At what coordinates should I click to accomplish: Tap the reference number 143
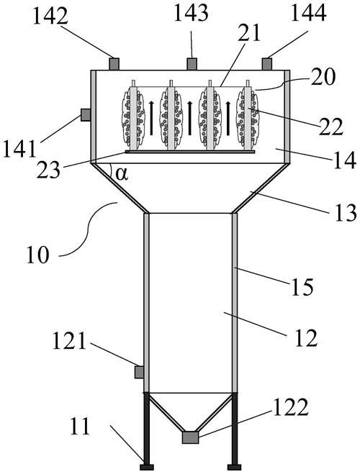point(192,13)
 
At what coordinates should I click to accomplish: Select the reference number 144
point(309,13)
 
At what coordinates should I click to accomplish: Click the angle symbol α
point(122,175)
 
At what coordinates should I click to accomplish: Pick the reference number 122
point(291,408)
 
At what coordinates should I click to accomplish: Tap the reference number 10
point(37,255)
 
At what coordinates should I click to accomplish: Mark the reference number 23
point(48,170)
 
